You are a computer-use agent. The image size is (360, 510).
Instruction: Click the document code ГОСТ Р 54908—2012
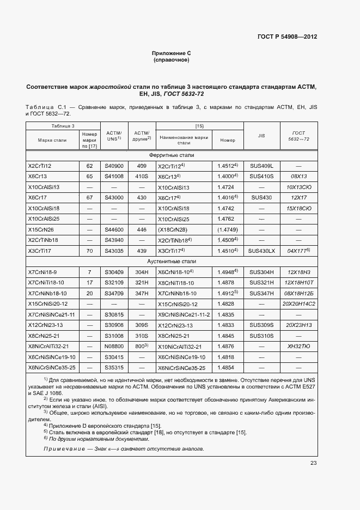coord(287,37)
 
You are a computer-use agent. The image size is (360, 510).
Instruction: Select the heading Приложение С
coord(172,53)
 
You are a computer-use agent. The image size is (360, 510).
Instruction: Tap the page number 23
coord(313,463)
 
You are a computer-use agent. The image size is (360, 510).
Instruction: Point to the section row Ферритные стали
coord(172,155)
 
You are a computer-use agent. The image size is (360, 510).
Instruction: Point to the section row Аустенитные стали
coord(172,261)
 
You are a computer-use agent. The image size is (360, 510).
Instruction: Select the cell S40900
coord(114,166)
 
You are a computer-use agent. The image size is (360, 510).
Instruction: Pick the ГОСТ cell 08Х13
coord(299,177)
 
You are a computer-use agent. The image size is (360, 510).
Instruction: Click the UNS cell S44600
coord(114,229)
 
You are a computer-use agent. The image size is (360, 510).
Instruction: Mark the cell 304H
coord(142,272)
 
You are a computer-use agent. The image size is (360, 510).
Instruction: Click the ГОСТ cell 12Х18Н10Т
coord(299,282)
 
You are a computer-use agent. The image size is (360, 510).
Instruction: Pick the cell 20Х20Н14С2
coord(299,303)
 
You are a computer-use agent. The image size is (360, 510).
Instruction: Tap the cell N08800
coord(114,346)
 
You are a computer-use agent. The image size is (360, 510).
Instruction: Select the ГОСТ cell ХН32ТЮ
coord(299,346)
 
